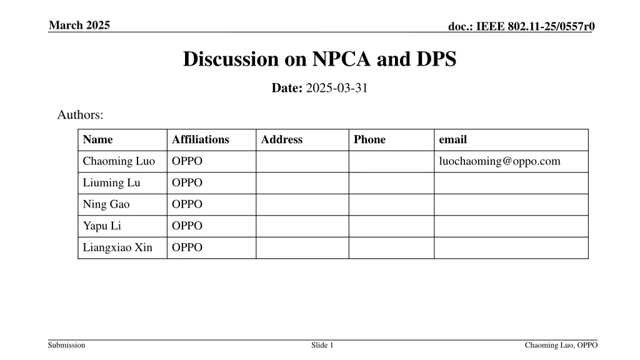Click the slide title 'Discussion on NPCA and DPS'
point(319,59)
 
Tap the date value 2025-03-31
point(337,88)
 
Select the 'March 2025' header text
point(79,25)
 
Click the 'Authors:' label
point(80,115)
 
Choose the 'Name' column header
point(97,139)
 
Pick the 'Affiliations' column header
point(201,139)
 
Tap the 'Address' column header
point(281,139)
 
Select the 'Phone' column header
point(369,139)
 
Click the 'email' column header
point(453,139)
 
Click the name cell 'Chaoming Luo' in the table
point(119,161)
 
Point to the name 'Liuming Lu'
point(111,183)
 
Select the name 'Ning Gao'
point(106,204)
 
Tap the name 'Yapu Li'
point(102,226)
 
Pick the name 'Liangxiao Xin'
point(117,247)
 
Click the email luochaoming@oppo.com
point(500,161)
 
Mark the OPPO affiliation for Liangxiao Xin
point(187,247)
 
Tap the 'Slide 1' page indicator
point(322,346)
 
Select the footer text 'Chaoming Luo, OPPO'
point(561,346)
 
